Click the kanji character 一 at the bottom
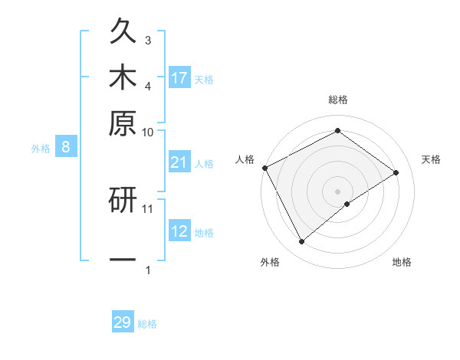pyautogui.click(x=123, y=259)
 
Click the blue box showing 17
pyautogui.click(x=179, y=77)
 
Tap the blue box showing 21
pyautogui.click(x=179, y=162)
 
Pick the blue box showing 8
pyautogui.click(x=66, y=148)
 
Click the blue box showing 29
pyautogui.click(x=123, y=322)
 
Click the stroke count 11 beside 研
pyautogui.click(x=148, y=208)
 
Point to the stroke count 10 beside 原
pyautogui.click(x=147, y=132)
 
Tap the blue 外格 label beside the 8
pyautogui.click(x=41, y=149)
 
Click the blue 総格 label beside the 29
pyautogui.click(x=147, y=324)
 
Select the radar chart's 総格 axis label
pyautogui.click(x=338, y=100)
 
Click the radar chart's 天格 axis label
pyautogui.click(x=432, y=159)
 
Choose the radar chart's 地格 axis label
pyautogui.click(x=402, y=263)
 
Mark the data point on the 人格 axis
pyautogui.click(x=265, y=167)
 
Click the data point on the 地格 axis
pyautogui.click(x=347, y=204)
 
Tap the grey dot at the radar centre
pyautogui.click(x=338, y=191)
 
